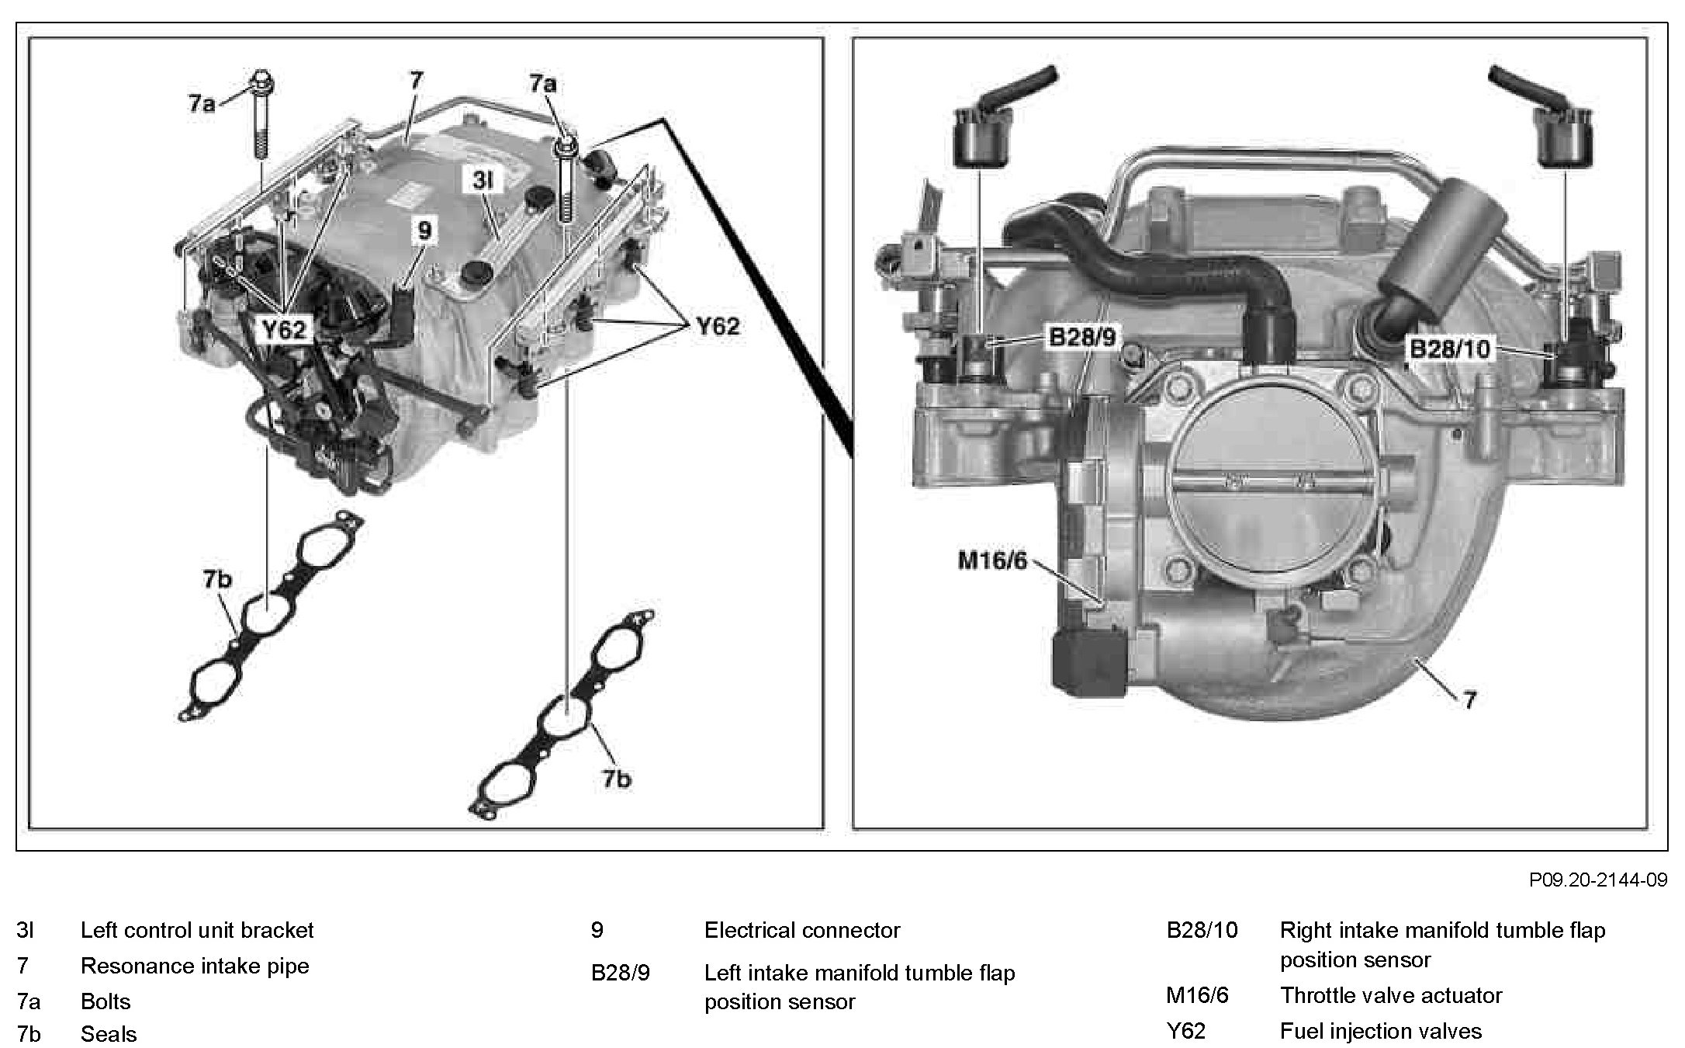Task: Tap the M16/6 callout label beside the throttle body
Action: point(992,560)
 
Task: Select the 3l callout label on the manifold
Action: point(482,181)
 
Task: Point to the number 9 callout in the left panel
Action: point(424,231)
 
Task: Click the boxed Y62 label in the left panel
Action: point(283,331)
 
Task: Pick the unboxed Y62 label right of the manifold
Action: point(718,326)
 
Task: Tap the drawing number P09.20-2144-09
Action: point(1597,880)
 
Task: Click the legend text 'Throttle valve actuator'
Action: point(1390,995)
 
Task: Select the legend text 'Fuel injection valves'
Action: point(1380,1031)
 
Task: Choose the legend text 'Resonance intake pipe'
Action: point(195,966)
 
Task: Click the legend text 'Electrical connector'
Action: point(801,930)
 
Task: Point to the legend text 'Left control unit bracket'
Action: point(197,930)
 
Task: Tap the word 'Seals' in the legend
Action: point(108,1034)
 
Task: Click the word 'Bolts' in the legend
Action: point(106,1001)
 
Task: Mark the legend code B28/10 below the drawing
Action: point(1202,930)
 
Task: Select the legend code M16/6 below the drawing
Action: point(1197,995)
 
